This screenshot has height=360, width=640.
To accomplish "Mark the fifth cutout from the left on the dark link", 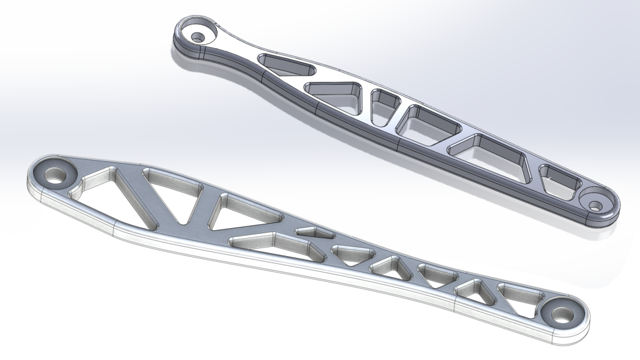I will (492, 156).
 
